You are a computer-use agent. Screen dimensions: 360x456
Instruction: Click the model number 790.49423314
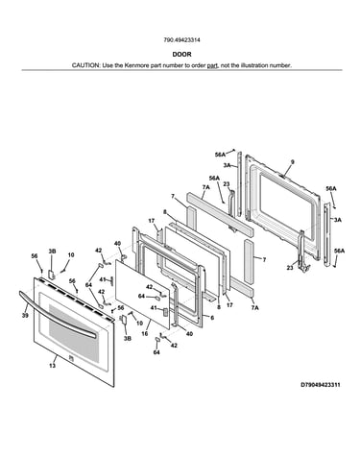(181, 40)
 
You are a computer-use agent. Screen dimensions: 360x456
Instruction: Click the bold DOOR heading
(181, 55)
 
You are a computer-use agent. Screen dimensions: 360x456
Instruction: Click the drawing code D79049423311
(321, 385)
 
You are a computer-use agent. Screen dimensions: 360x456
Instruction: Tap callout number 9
(292, 162)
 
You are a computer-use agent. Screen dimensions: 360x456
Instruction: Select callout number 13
(53, 366)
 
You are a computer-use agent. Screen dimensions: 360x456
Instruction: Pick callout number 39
(25, 316)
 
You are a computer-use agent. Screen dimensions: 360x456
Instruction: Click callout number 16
(145, 333)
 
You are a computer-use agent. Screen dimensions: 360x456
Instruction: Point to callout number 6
(212, 318)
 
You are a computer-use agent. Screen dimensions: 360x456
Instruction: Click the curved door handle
(57, 314)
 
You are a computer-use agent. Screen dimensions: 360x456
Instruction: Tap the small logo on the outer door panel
(71, 358)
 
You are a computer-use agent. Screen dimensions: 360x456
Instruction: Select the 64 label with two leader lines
(89, 285)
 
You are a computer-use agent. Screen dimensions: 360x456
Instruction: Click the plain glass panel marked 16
(142, 294)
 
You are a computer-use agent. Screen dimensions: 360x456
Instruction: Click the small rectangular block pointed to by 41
(165, 312)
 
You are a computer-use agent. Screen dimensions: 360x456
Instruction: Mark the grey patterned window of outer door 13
(74, 333)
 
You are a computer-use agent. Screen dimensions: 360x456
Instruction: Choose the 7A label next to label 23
(205, 187)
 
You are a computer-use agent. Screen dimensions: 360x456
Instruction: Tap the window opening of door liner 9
(287, 205)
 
